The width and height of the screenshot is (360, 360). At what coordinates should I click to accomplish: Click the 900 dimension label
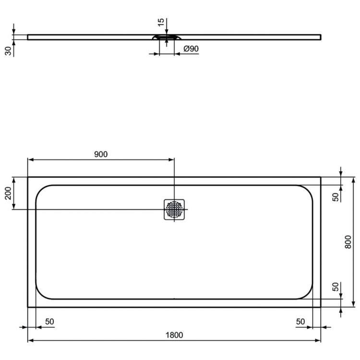(101, 154)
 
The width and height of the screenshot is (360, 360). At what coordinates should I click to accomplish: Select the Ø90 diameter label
(192, 49)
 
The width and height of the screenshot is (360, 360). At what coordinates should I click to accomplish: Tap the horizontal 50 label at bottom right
(300, 322)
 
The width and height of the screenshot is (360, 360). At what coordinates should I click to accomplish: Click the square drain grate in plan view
(174, 209)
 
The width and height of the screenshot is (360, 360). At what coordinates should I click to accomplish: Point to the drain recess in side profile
(167, 37)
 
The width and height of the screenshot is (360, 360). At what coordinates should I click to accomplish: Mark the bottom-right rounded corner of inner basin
(310, 294)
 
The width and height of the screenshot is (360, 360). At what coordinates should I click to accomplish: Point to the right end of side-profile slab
(320, 36)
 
